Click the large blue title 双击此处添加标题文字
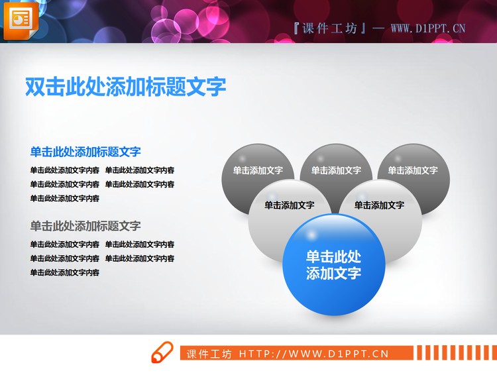(125, 87)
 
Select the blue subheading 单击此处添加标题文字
(85, 152)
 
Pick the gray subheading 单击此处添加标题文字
(85, 226)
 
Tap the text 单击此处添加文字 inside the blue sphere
(333, 265)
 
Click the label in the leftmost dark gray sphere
(258, 170)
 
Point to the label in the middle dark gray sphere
(336, 170)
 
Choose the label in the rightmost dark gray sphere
(413, 170)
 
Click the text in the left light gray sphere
(289, 205)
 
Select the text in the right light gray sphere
(379, 205)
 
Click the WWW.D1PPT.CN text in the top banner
(428, 28)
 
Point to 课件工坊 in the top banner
(329, 28)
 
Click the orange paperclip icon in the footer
(162, 353)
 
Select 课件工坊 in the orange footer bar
(209, 354)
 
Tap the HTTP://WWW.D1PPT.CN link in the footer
(313, 354)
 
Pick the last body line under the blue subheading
(65, 198)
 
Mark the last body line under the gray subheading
(65, 272)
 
